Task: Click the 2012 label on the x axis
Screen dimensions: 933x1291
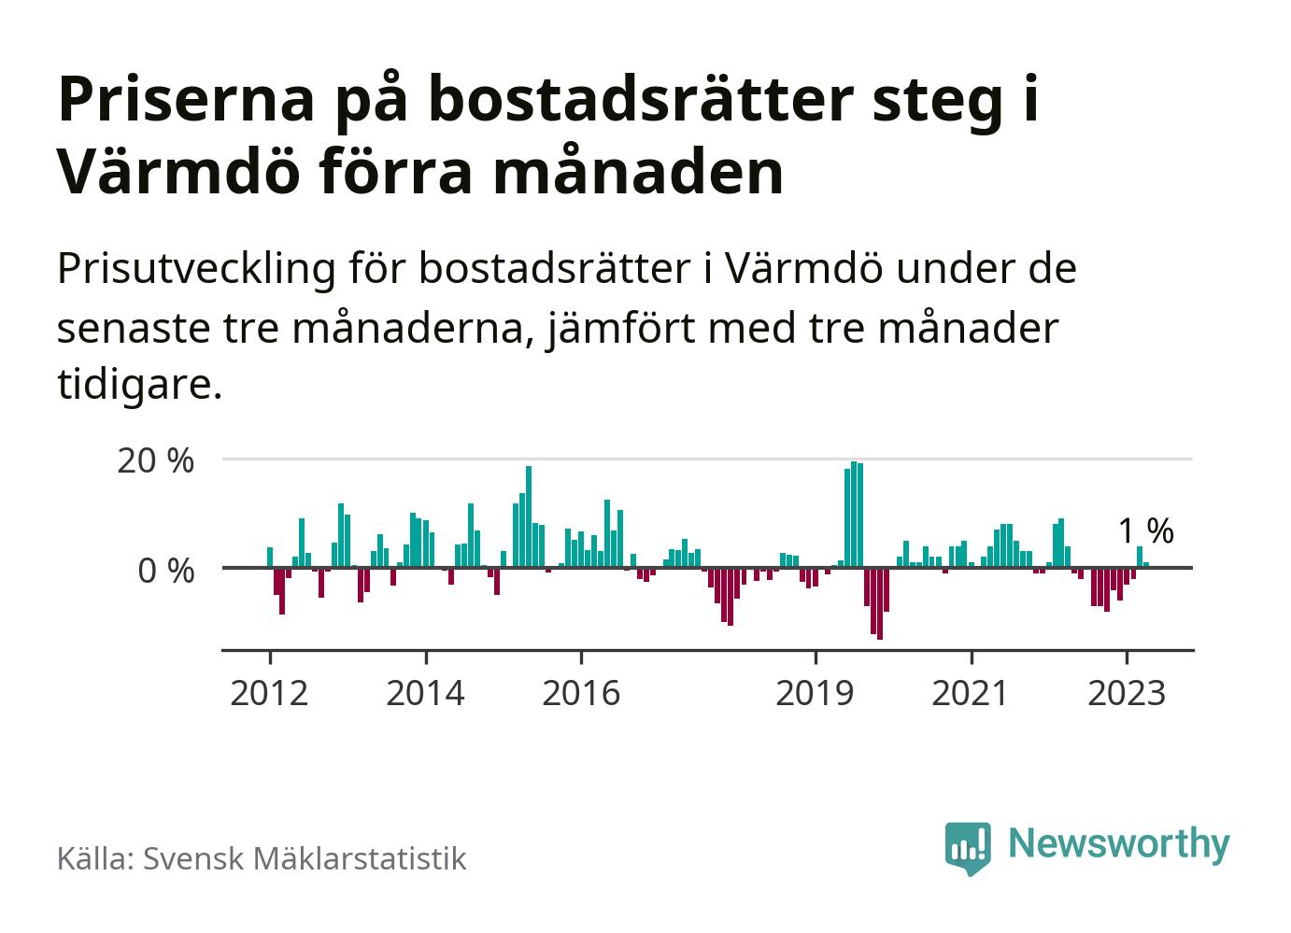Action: click(269, 693)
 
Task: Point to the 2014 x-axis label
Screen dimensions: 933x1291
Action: click(425, 693)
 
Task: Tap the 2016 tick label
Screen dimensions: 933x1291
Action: click(580, 693)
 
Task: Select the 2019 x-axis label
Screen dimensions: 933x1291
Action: click(816, 693)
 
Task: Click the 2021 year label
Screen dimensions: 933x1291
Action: click(971, 693)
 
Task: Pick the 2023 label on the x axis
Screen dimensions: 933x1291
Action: click(1127, 693)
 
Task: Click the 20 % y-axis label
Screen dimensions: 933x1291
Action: click(155, 460)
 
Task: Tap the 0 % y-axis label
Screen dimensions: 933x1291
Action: click(166, 570)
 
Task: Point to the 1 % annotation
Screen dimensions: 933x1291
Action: click(1145, 531)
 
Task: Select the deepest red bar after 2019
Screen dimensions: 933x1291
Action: click(880, 603)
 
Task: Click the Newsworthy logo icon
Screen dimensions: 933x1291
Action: click(967, 847)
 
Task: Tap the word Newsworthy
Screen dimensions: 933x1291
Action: click(1119, 843)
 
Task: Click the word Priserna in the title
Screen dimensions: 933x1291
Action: click(185, 101)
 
